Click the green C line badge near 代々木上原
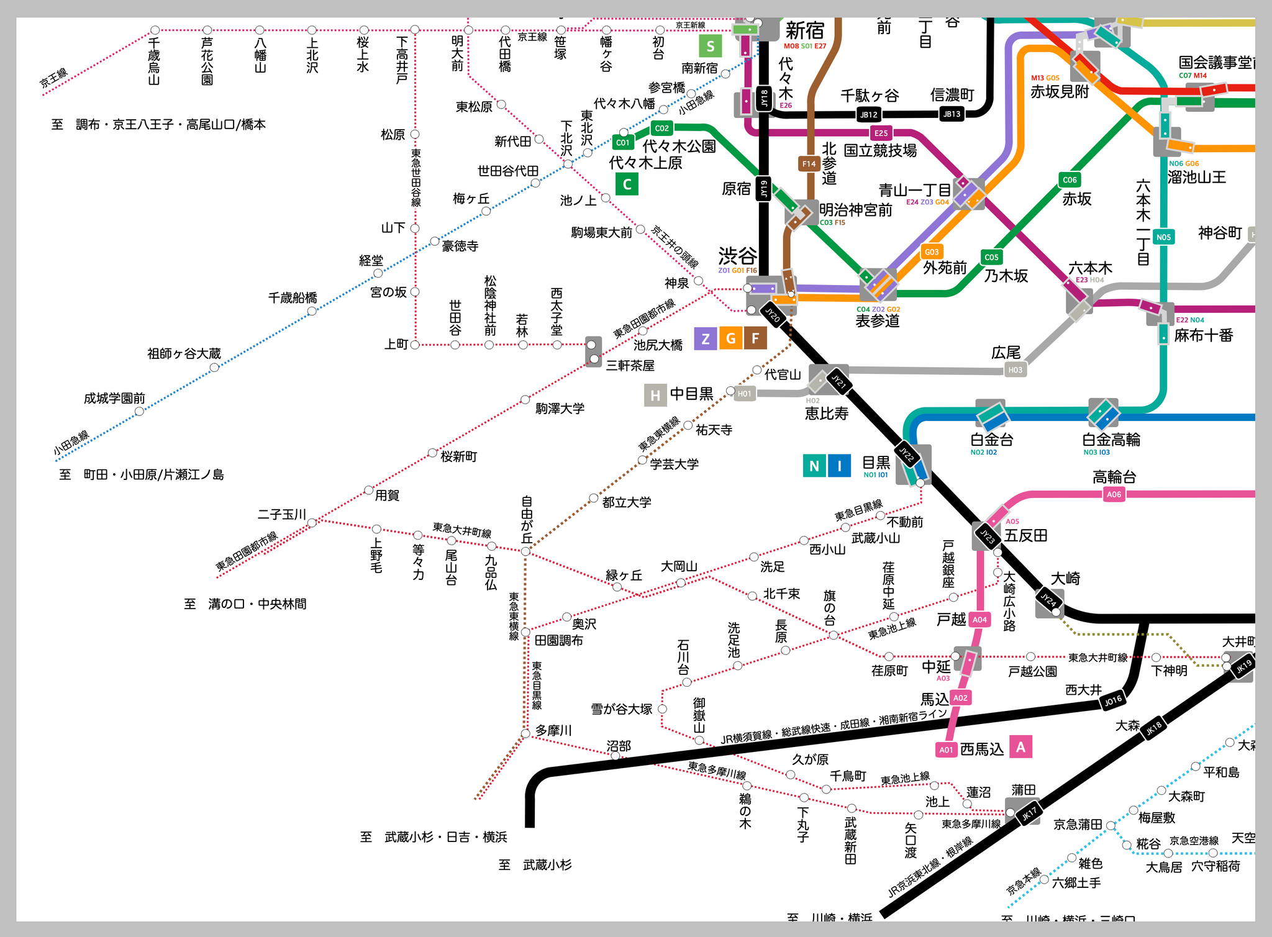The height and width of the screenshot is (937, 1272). [x=627, y=184]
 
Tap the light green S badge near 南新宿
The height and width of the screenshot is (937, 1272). [x=711, y=45]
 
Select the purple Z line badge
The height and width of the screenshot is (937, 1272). [x=705, y=338]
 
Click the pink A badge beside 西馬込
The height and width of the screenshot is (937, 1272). [x=1020, y=747]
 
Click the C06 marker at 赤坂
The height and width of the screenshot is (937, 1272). [x=1070, y=180]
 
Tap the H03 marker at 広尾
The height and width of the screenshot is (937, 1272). [x=1015, y=370]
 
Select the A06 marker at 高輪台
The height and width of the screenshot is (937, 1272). [x=1114, y=494]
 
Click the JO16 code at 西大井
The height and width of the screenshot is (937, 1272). [x=1112, y=700]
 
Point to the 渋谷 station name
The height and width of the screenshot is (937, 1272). [x=738, y=255]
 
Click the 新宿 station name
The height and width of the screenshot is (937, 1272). [x=804, y=30]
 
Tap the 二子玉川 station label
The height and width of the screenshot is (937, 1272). [x=282, y=514]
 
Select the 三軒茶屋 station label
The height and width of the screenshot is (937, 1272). [x=630, y=365]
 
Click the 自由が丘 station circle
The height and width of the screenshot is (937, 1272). [x=525, y=551]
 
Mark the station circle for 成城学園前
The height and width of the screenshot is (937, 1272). [x=139, y=411]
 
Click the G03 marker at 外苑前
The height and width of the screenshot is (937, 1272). [x=932, y=251]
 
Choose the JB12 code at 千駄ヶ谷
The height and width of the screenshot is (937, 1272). [x=868, y=114]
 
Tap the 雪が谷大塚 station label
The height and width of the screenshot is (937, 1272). [x=621, y=709]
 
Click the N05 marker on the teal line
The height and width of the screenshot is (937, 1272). [x=1163, y=237]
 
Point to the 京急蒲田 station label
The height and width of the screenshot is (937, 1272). [x=1078, y=824]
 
